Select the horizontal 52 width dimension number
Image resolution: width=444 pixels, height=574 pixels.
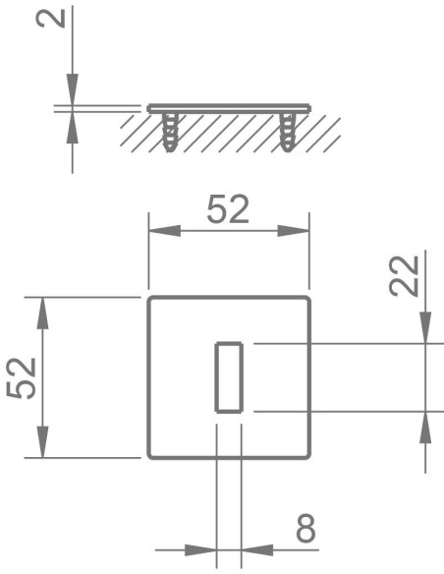(228, 209)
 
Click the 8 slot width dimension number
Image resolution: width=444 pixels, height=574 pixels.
(305, 530)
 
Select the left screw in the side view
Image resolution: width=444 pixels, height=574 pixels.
(170, 130)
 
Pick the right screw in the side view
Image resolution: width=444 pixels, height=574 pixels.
(288, 130)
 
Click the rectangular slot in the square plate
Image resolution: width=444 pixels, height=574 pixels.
(228, 377)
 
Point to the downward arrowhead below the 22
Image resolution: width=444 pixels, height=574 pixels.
(425, 327)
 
